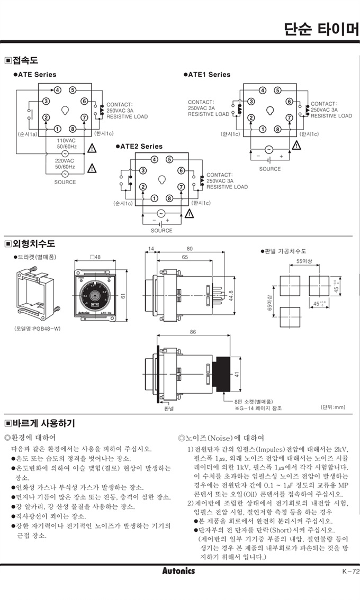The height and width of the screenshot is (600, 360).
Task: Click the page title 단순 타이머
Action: pyautogui.click(x=321, y=28)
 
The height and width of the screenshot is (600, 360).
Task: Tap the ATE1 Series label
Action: pyautogui.click(x=209, y=75)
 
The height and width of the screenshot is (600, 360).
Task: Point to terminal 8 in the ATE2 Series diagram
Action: pyautogui.click(x=169, y=198)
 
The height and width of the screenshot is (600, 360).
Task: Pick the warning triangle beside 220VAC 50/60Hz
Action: pyautogui.click(x=92, y=168)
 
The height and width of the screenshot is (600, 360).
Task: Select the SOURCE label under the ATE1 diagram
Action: pyautogui.click(x=270, y=169)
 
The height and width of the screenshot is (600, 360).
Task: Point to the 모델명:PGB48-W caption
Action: pyautogui.click(x=37, y=329)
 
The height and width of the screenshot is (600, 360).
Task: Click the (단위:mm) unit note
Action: pyautogui.click(x=332, y=407)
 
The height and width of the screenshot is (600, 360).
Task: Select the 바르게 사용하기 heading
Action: pyautogui.click(x=42, y=423)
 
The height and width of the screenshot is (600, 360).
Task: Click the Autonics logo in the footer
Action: pyautogui.click(x=178, y=571)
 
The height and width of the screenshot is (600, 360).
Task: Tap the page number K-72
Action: pyautogui.click(x=348, y=571)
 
